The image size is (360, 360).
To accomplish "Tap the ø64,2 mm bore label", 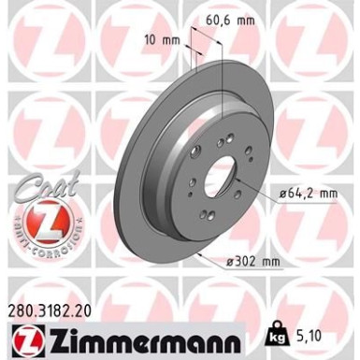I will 310,194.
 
